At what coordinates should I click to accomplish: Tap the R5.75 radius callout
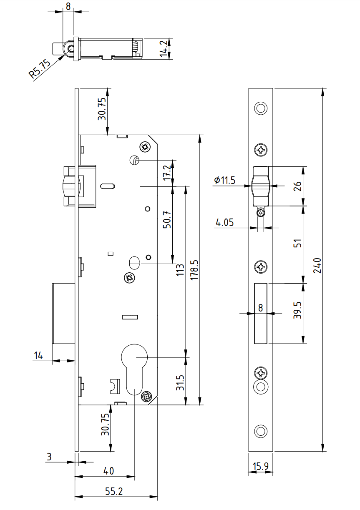(x=40, y=69)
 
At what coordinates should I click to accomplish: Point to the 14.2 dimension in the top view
(x=166, y=48)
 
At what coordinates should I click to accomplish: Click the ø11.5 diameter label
(x=224, y=180)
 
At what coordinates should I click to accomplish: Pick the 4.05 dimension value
(x=224, y=223)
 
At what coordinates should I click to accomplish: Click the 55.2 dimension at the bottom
(x=114, y=492)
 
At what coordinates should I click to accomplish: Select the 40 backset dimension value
(x=108, y=471)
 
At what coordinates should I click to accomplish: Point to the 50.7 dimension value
(x=167, y=218)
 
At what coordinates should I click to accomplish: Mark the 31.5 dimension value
(x=180, y=382)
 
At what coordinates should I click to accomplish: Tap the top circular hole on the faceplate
(x=261, y=108)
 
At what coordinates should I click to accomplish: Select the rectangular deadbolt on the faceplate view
(x=261, y=313)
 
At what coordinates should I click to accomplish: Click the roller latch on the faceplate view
(x=261, y=186)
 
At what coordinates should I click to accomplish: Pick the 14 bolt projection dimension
(x=38, y=356)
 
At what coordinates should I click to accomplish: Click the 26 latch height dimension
(x=297, y=186)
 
